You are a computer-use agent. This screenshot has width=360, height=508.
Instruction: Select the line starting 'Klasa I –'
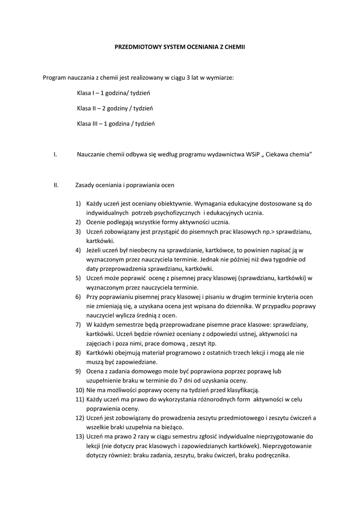point(113,93)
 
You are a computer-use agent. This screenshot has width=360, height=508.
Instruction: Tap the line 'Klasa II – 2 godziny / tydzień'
point(115,108)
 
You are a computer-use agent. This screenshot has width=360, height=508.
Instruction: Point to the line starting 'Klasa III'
point(116,124)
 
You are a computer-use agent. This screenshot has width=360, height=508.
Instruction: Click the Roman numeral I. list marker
point(55,155)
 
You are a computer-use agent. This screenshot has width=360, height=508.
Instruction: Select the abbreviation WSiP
point(253,155)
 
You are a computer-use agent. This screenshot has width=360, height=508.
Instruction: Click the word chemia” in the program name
point(300,155)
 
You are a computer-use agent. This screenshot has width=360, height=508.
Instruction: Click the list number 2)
point(78,222)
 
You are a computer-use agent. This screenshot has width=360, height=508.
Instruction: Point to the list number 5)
point(78,278)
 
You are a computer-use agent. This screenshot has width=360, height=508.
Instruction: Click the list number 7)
point(78,324)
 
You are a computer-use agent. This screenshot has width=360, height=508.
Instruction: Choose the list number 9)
point(78,371)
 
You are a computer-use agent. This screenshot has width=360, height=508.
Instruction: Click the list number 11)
point(79,399)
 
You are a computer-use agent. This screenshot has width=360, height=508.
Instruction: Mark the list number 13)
point(79,437)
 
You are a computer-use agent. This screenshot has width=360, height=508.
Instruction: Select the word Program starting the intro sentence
point(55,77)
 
